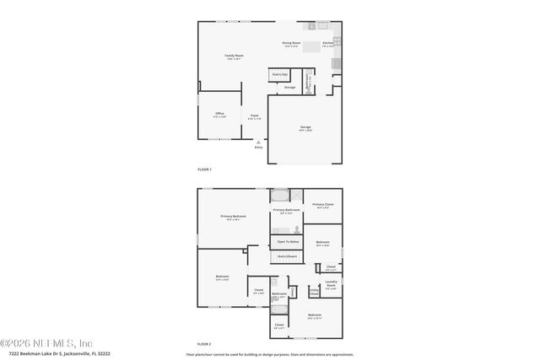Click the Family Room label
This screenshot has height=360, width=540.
pyautogui.click(x=233, y=56)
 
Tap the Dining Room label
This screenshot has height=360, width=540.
pyautogui.click(x=292, y=44)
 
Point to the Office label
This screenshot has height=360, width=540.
pyautogui.click(x=219, y=114)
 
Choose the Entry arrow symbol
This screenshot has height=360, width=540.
pyautogui.click(x=259, y=143)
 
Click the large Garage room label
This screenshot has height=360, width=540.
pyautogui.click(x=305, y=128)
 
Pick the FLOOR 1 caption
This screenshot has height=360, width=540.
pyautogui.click(x=204, y=169)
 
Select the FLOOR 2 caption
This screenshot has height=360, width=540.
pyautogui.click(x=204, y=344)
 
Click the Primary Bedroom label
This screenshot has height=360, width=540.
pyautogui.click(x=233, y=218)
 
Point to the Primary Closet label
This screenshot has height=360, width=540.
pyautogui.click(x=323, y=205)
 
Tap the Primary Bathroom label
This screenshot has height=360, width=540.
pyautogui.click(x=286, y=211)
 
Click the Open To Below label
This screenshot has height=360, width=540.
pyautogui.click(x=288, y=241)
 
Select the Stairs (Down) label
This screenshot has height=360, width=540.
pyautogui.click(x=287, y=255)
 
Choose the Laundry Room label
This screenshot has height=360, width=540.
pyautogui.click(x=332, y=284)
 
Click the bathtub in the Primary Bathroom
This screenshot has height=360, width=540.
pyautogui.click(x=279, y=196)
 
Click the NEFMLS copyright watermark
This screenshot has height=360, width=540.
pyautogui.click(x=46, y=342)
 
